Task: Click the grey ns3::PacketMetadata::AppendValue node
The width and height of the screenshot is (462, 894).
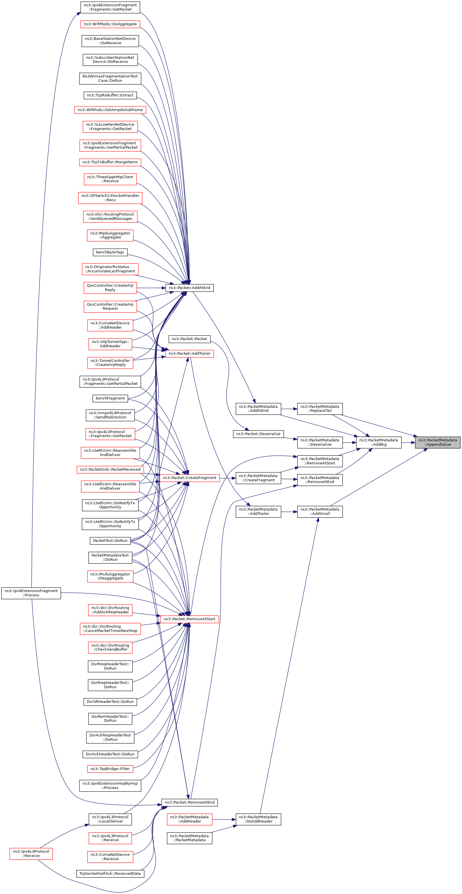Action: [x=437, y=442]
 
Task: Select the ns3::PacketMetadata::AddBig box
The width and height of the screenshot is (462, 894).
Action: [x=379, y=442]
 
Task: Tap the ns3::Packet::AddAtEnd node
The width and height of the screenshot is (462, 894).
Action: [x=189, y=288]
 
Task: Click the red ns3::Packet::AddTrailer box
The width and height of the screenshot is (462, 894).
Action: [x=189, y=353]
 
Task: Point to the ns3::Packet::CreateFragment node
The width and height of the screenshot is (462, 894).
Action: [x=189, y=478]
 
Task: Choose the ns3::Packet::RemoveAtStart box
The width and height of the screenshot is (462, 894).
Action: [x=189, y=619]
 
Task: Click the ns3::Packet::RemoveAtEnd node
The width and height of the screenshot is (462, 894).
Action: [x=189, y=802]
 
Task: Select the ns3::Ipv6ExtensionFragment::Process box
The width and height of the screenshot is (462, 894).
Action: [x=31, y=593]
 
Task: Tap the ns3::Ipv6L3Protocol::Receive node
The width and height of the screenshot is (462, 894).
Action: [x=31, y=854]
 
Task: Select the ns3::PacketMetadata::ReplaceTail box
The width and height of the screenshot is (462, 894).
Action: [x=320, y=408]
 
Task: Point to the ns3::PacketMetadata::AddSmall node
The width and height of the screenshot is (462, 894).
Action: [x=320, y=511]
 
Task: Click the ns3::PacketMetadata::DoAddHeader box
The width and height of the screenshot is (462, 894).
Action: [x=258, y=819]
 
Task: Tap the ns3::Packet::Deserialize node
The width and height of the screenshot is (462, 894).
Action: [x=258, y=434]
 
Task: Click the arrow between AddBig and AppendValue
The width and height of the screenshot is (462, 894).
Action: [x=408, y=443]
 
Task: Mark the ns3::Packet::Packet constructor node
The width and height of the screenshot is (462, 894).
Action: [x=189, y=339]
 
